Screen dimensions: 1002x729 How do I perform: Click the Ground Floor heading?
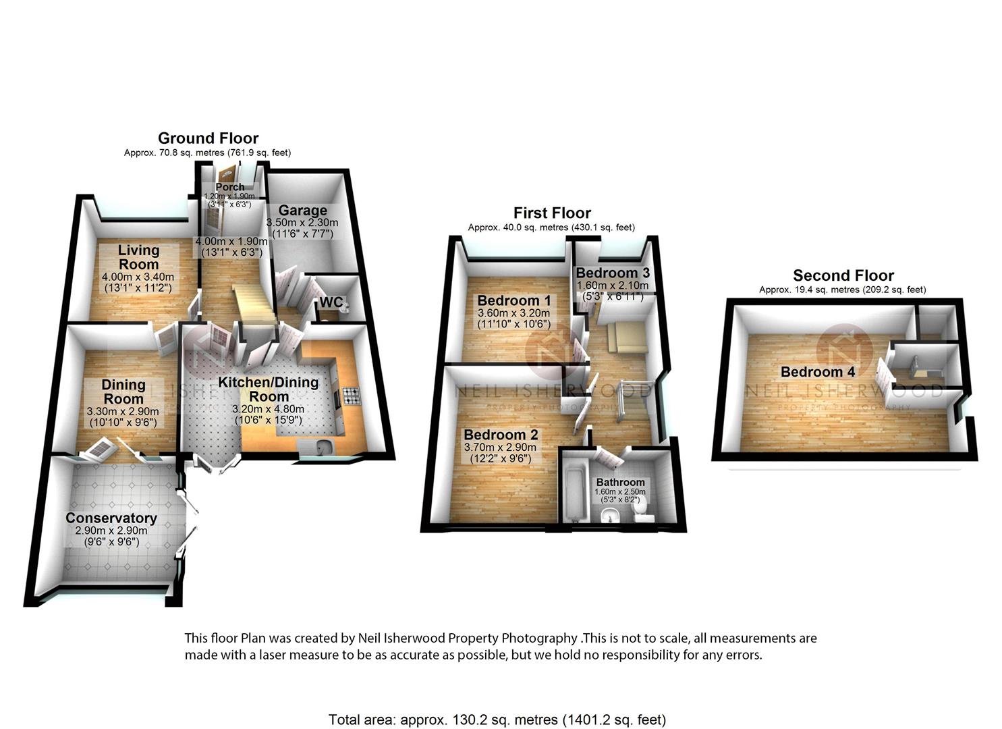pyautogui.click(x=208, y=138)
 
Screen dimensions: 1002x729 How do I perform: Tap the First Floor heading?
pyautogui.click(x=552, y=213)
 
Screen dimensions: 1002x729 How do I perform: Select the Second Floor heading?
pyautogui.click(x=843, y=275)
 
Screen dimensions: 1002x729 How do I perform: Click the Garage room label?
pyautogui.click(x=303, y=210)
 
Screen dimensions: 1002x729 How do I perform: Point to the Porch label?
pyautogui.click(x=230, y=187)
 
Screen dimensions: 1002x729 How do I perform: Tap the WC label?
pyautogui.click(x=331, y=302)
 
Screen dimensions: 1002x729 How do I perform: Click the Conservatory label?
pyautogui.click(x=111, y=518)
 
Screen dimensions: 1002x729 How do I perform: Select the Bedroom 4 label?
pyautogui.click(x=818, y=371)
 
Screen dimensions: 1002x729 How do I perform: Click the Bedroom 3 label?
pyautogui.click(x=613, y=273)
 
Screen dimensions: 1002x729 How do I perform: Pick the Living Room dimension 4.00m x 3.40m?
pyautogui.click(x=138, y=277)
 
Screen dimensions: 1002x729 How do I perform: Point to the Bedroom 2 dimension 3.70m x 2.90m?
pyautogui.click(x=500, y=447)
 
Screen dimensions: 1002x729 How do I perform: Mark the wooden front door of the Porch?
pyautogui.click(x=227, y=175)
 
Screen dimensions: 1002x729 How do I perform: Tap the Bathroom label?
pyautogui.click(x=621, y=483)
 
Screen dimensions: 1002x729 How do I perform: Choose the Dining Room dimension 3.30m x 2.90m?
pyautogui.click(x=123, y=411)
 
